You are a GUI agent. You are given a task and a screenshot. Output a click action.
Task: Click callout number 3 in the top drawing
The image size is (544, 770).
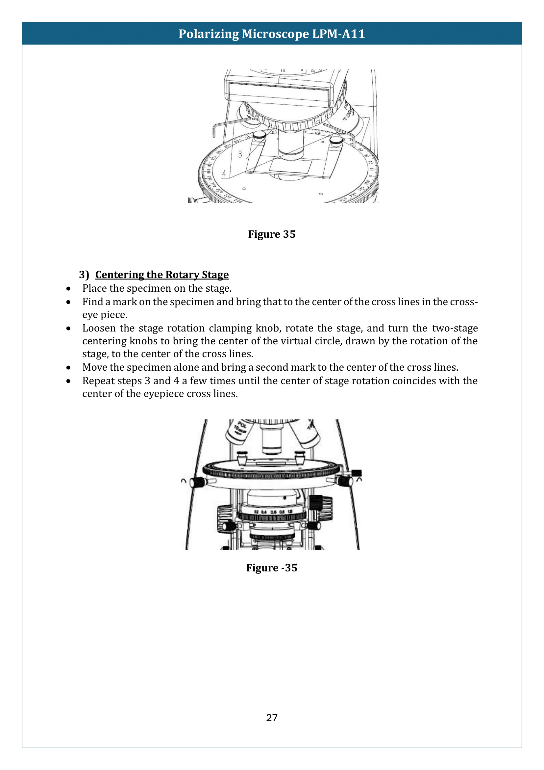point(240,154)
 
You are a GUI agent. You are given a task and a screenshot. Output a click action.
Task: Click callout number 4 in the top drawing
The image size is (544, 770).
point(224,173)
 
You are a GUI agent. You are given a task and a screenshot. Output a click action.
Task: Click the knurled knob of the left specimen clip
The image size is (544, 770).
point(259,135)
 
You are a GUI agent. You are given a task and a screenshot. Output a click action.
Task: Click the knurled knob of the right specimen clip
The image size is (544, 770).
point(336,140)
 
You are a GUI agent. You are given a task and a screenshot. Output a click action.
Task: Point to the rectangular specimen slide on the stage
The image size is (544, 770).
point(290,166)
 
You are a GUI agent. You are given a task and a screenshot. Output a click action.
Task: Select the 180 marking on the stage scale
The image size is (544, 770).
point(210,164)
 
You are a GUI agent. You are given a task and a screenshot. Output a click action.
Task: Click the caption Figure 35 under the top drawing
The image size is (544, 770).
point(272,234)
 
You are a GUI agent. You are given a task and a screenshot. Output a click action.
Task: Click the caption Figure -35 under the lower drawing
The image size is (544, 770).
point(272,568)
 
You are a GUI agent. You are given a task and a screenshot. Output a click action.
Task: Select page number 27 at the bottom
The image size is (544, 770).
point(272,718)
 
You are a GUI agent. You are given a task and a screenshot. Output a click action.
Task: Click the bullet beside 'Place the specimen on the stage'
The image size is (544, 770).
point(68,289)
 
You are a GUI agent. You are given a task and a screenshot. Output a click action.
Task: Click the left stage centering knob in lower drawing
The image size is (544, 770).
point(197,482)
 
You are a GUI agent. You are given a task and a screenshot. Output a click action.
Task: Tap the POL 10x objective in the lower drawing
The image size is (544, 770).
point(238,431)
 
